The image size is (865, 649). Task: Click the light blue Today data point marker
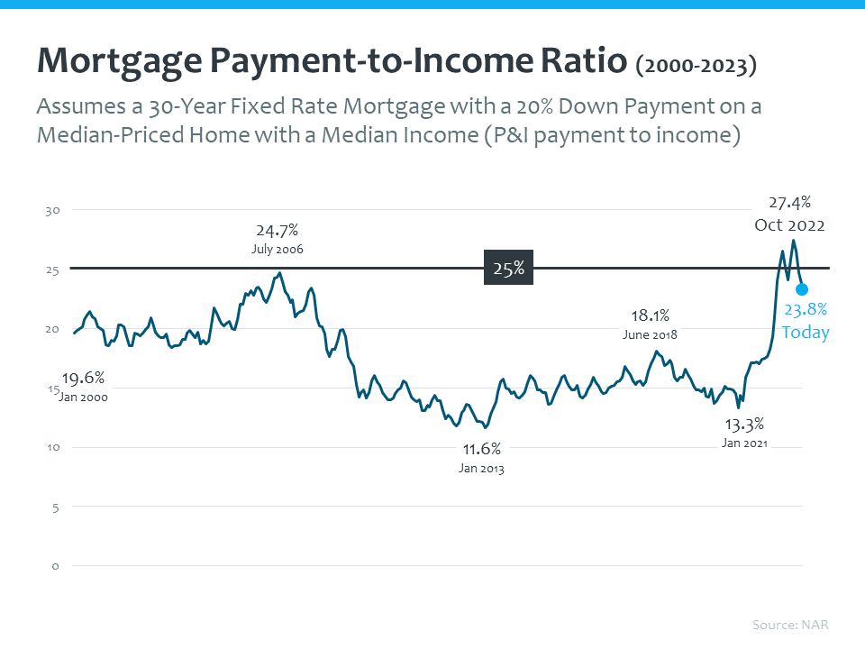pyautogui.click(x=802, y=289)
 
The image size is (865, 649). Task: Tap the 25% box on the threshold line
pyautogui.click(x=508, y=269)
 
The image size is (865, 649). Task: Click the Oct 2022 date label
pyautogui.click(x=789, y=225)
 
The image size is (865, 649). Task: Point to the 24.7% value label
pyautogui.click(x=278, y=230)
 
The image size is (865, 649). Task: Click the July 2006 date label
pyautogui.click(x=278, y=249)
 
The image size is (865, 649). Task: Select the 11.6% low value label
pyautogui.click(x=481, y=448)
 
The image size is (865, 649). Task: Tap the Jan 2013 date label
pyautogui.click(x=481, y=468)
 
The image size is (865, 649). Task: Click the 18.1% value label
pyautogui.click(x=649, y=315)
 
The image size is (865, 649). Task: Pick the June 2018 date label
pyautogui.click(x=649, y=334)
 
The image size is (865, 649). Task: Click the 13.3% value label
pyautogui.click(x=744, y=423)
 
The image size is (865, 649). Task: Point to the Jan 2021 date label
pyautogui.click(x=744, y=443)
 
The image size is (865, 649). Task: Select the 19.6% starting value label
pyautogui.click(x=83, y=378)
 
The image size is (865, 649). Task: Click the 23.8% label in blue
pyautogui.click(x=805, y=311)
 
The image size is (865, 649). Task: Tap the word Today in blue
pyautogui.click(x=805, y=333)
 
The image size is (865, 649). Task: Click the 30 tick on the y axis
pyautogui.click(x=52, y=210)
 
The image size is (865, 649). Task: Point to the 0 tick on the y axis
pyautogui.click(x=55, y=566)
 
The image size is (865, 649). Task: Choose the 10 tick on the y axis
pyautogui.click(x=52, y=447)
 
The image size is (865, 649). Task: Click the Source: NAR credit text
pyautogui.click(x=790, y=625)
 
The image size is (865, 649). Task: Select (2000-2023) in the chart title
pyautogui.click(x=696, y=67)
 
